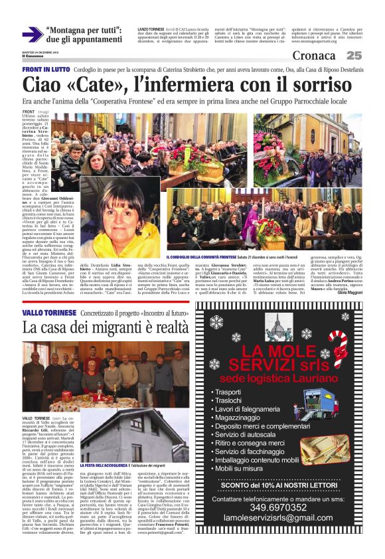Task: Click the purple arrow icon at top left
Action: point(32,35)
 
